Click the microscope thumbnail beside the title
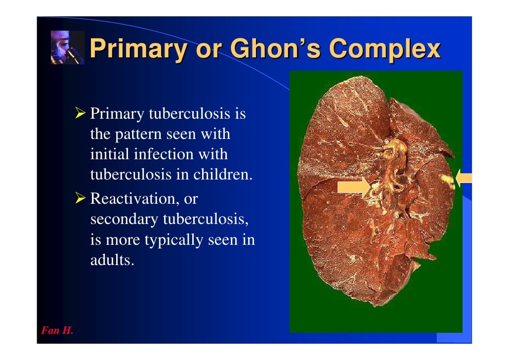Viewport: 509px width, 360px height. [68, 47]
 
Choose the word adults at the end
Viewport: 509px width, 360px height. [112, 260]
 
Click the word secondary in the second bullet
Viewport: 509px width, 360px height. [123, 220]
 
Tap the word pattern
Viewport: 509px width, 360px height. [143, 135]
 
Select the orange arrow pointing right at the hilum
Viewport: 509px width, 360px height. [353, 186]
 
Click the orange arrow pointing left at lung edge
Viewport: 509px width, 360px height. [464, 178]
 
